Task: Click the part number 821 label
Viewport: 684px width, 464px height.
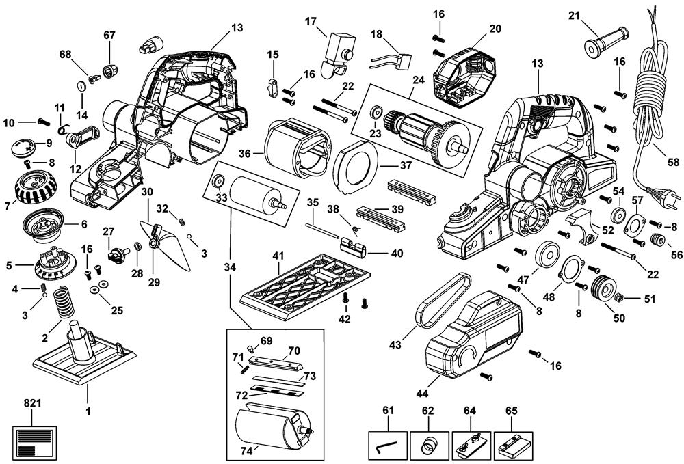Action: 32,403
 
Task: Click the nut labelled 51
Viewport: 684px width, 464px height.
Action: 618,298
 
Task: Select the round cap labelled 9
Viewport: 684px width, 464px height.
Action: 25,146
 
